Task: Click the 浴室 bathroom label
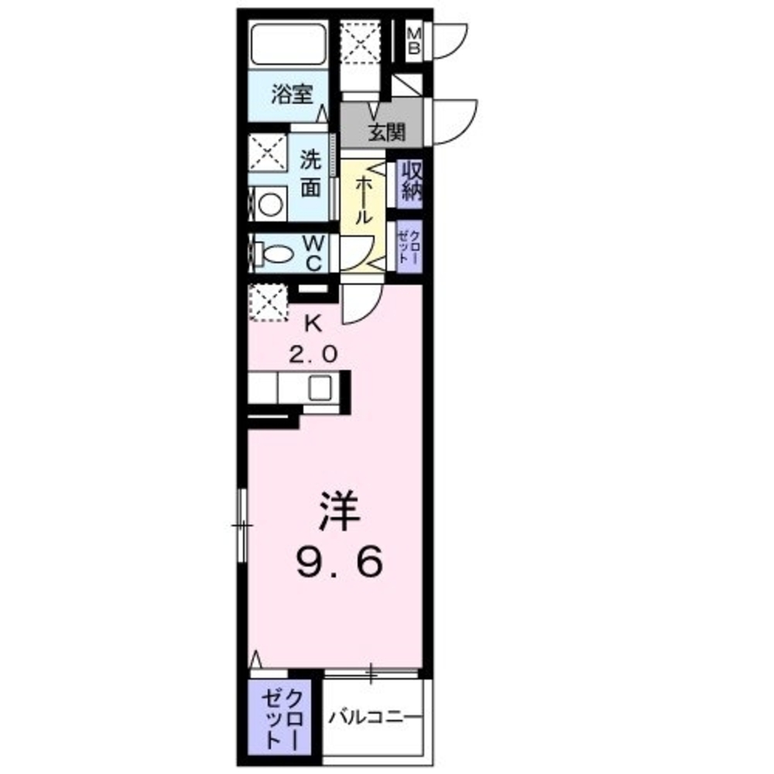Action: pos(292,95)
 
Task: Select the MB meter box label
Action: pos(415,40)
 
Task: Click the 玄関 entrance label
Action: pos(385,132)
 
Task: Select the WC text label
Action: pos(312,253)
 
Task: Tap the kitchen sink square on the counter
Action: pos(320,387)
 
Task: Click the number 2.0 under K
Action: pos(313,354)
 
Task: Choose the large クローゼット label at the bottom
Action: pos(282,717)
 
